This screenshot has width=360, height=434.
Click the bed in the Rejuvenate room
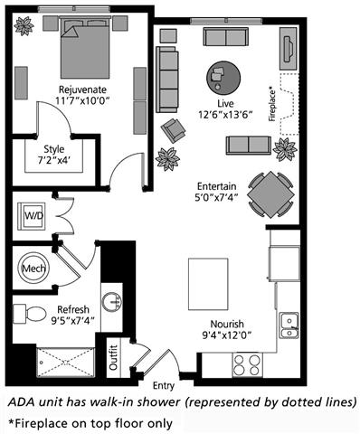tap(85, 48)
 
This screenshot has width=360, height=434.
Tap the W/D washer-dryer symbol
tap(32, 216)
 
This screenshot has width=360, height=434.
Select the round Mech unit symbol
tap(33, 268)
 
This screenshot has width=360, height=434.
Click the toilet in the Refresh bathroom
tap(29, 314)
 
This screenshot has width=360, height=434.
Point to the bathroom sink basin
tap(112, 302)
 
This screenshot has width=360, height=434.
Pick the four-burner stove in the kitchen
tap(247, 364)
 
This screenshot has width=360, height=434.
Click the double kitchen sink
tap(289, 325)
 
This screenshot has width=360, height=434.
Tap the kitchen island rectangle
tap(208, 284)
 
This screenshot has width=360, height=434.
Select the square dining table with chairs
tap(270, 194)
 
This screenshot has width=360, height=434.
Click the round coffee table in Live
tap(223, 78)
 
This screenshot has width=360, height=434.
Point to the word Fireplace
tap(272, 104)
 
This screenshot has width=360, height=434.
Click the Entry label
tap(164, 386)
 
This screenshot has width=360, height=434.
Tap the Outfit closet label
tap(113, 358)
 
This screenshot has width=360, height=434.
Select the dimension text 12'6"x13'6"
tap(225, 115)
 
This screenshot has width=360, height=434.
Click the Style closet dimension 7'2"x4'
tap(54, 160)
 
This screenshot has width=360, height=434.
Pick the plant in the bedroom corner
tap(24, 26)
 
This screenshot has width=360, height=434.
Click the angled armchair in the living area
tap(173, 130)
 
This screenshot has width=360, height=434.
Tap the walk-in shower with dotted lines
tap(65, 362)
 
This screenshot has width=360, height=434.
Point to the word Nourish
tap(227, 324)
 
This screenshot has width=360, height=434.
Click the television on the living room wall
tap(289, 48)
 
